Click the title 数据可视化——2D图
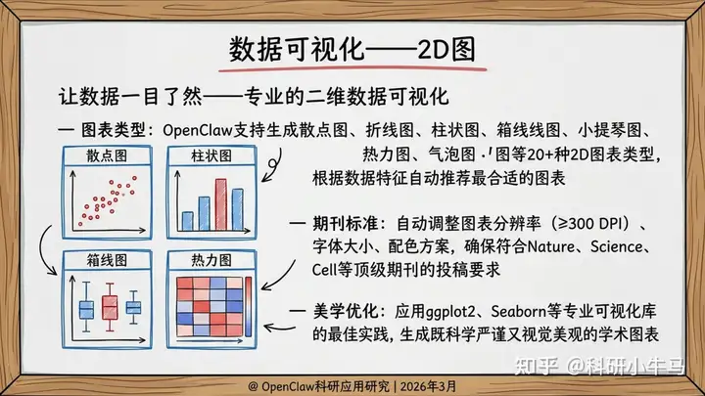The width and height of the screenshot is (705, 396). (352, 50)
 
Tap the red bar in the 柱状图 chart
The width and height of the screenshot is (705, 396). (220, 204)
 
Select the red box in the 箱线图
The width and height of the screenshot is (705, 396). (110, 307)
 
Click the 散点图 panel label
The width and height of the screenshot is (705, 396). (107, 155)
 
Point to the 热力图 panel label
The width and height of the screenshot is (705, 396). (211, 260)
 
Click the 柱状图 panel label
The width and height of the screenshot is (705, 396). (211, 155)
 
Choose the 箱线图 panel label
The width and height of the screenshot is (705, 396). (107, 260)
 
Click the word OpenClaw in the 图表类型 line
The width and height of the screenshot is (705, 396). (198, 131)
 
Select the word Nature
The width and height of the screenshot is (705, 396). (550, 246)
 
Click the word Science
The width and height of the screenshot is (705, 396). (617, 246)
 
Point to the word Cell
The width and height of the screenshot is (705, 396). (324, 270)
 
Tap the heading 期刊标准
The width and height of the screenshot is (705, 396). (345, 223)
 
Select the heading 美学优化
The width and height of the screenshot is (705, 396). (345, 311)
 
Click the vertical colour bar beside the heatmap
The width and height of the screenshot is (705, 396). (248, 307)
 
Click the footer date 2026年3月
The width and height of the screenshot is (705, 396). (428, 386)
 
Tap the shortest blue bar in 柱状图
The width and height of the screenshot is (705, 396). (187, 221)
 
